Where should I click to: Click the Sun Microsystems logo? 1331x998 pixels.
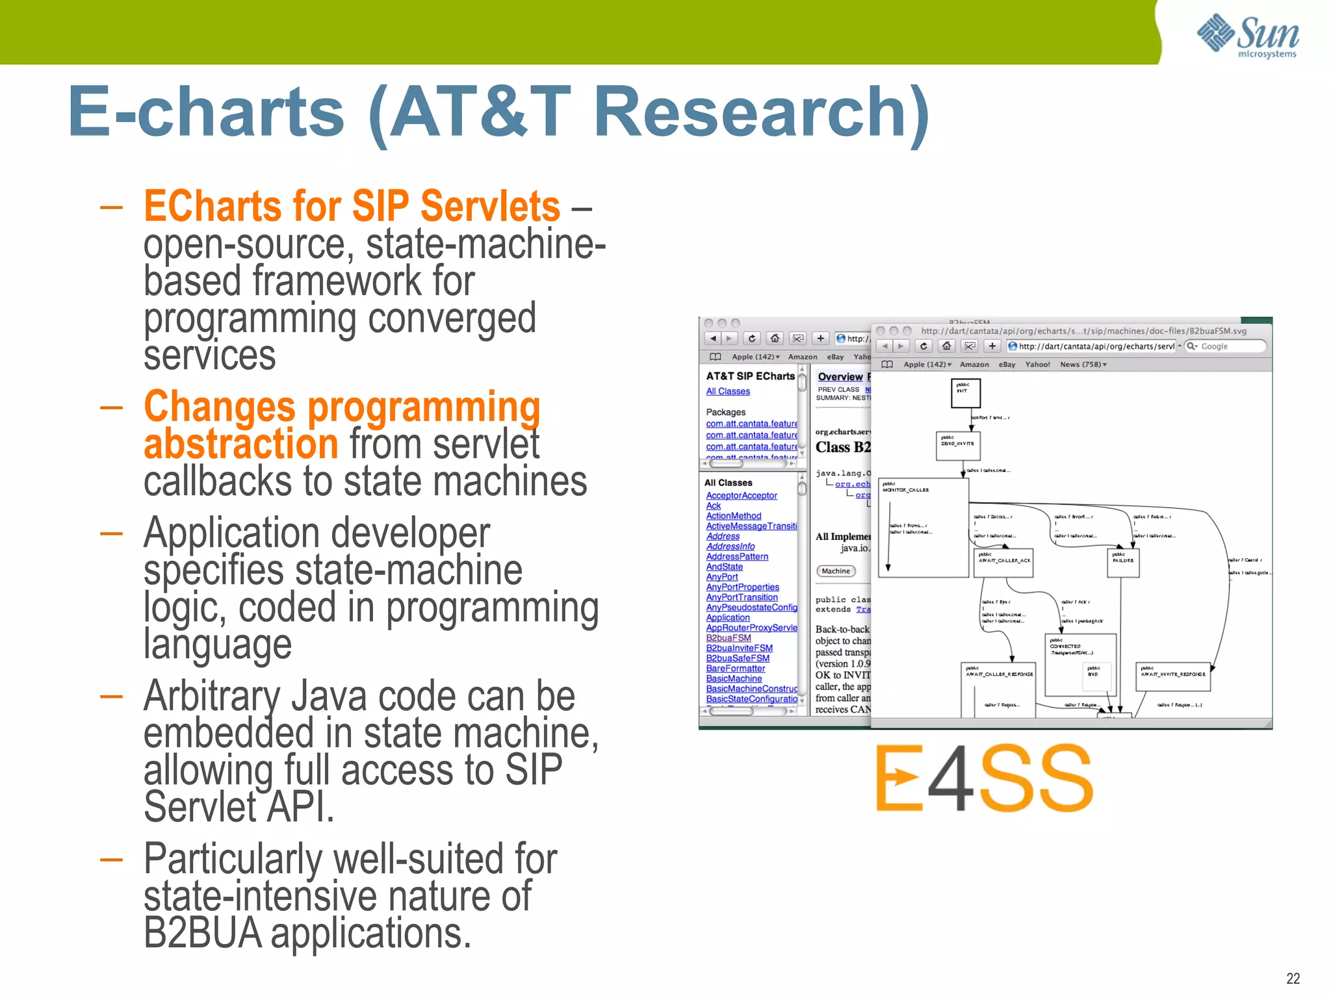coord(1248,35)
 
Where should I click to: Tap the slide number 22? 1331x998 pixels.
coord(1293,979)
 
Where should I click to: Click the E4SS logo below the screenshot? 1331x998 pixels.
coord(984,778)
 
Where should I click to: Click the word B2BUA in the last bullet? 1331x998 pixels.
coord(202,933)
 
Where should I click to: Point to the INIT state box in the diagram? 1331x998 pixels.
coord(965,393)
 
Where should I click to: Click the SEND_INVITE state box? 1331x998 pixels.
coord(958,446)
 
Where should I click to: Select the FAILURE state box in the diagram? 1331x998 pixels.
coord(1122,563)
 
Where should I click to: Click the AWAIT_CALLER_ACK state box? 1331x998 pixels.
coord(1004,563)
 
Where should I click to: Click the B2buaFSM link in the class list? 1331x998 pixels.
coord(729,638)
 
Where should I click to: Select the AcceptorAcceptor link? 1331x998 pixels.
coord(742,496)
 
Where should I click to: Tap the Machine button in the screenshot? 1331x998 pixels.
coord(835,571)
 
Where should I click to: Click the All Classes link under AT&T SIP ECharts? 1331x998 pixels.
coord(728,391)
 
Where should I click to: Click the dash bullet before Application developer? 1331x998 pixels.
coord(111,533)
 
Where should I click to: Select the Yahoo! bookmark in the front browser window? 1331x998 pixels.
coord(1037,365)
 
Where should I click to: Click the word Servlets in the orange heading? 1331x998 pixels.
coord(490,206)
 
